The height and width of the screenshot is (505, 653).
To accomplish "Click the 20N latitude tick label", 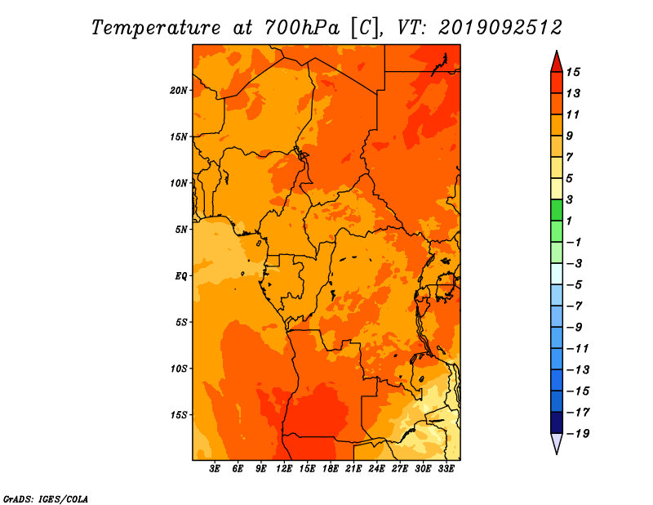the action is [x=179, y=91].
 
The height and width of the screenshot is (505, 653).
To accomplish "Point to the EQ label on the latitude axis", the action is [x=181, y=276].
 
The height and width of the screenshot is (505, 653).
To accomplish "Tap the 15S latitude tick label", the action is [x=179, y=415].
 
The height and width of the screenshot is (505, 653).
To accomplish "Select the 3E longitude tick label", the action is [x=215, y=468].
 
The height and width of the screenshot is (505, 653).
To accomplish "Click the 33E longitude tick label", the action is [x=446, y=468].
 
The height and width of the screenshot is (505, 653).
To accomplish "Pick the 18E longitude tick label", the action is [x=331, y=468].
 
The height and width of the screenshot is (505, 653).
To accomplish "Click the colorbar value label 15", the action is [x=573, y=72].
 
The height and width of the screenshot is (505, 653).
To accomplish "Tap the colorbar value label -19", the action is [x=578, y=434].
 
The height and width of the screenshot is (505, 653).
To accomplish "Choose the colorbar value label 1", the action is [x=569, y=221].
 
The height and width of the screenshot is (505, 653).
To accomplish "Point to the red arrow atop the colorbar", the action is [x=557, y=62].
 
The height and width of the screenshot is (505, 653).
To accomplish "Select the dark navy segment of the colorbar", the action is [x=557, y=422].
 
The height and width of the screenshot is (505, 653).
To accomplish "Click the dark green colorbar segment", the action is [x=557, y=210].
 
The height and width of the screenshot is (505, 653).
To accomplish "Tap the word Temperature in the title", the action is [x=156, y=28].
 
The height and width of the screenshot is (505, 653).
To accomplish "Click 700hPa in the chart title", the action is [x=302, y=28].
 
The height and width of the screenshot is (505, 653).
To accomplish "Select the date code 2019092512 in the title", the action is [x=500, y=28].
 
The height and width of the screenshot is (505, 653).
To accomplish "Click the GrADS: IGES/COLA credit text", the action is [x=46, y=499].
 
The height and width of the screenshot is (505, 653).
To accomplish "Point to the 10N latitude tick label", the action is [x=179, y=183].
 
